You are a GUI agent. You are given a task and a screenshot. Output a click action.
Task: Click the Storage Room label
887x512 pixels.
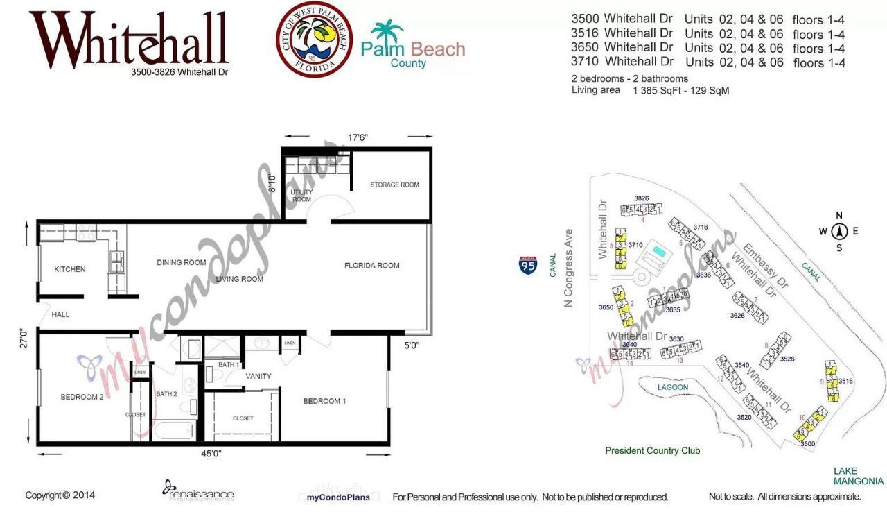(394, 185)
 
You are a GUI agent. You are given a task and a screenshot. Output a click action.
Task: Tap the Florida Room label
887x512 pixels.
(371, 266)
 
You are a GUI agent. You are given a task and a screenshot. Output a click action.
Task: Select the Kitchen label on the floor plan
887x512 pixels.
(70, 269)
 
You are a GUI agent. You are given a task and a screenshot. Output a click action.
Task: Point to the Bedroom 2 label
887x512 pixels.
(82, 397)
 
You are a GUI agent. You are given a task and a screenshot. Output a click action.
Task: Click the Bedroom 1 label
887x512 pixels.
(324, 401)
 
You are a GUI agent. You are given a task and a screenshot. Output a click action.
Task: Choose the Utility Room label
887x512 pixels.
(301, 196)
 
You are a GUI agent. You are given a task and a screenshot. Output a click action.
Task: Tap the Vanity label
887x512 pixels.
(258, 376)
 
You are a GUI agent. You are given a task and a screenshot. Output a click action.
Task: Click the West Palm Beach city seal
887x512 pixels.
(314, 39)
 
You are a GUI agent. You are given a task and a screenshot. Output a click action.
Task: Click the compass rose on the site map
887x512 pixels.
(839, 232)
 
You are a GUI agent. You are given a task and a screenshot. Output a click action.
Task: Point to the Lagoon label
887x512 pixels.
(673, 387)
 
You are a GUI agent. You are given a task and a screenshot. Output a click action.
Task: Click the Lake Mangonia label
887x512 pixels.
(858, 476)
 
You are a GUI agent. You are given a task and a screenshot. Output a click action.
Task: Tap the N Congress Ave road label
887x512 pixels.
(569, 268)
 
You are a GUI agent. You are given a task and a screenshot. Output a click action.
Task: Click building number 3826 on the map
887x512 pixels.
(641, 198)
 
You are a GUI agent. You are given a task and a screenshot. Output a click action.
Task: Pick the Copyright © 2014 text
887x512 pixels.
(60, 495)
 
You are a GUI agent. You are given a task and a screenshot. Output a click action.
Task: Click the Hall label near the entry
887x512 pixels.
(60, 314)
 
